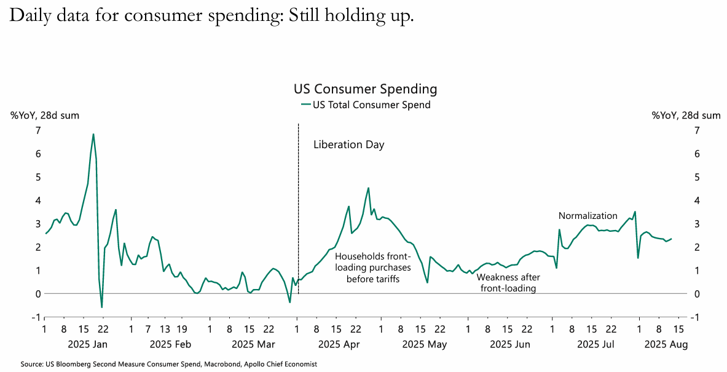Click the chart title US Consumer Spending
pyautogui.click(x=366, y=89)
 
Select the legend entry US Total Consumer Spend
pyautogui.click(x=371, y=105)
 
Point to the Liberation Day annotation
pyautogui.click(x=348, y=145)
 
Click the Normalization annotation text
pyautogui.click(x=587, y=216)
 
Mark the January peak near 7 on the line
pyautogui.click(x=93, y=134)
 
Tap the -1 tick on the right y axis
pyautogui.click(x=694, y=317)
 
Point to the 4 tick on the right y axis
pyautogui.click(x=696, y=200)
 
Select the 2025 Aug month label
pyautogui.click(x=666, y=344)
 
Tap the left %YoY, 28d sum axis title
pyautogui.click(x=45, y=115)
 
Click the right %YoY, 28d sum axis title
pyautogui.click(x=686, y=115)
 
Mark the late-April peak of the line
pyautogui.click(x=368, y=188)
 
